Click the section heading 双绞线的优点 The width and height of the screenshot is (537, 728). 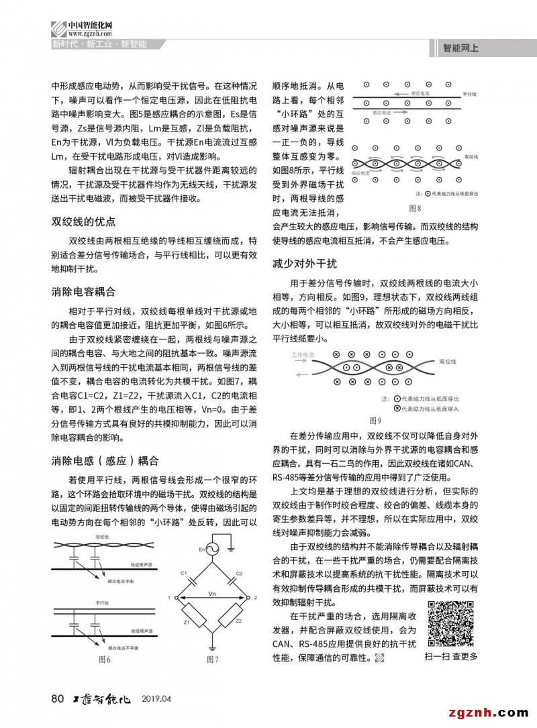(x=84, y=222)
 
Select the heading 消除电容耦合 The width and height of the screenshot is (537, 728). (x=84, y=292)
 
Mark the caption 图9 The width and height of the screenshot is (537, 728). (x=375, y=421)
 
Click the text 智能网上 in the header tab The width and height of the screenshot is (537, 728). (x=460, y=48)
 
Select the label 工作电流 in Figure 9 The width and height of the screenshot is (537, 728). (x=303, y=354)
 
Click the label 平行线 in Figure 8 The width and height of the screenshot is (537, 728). (x=470, y=94)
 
